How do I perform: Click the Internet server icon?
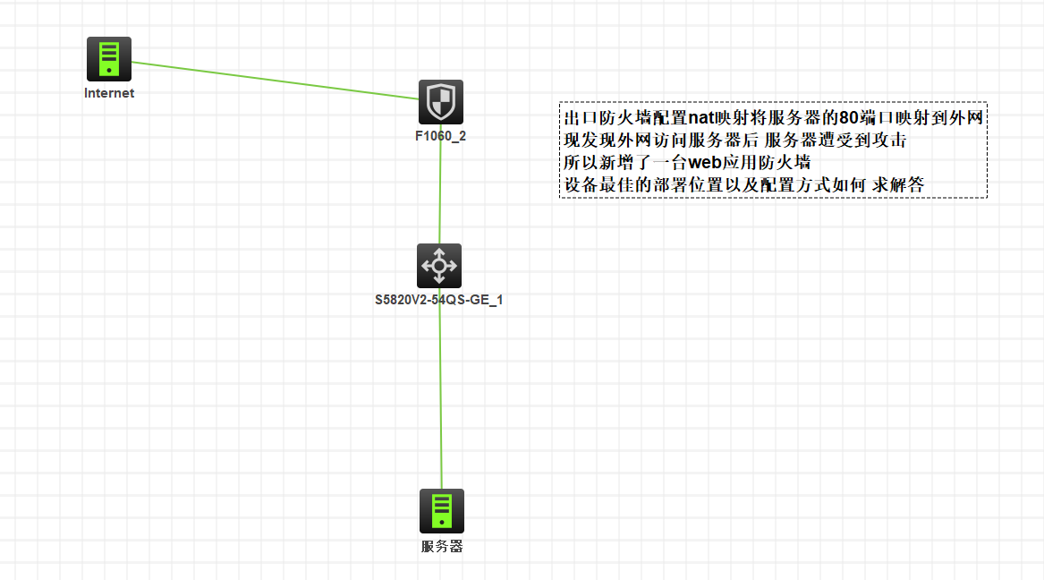pos(109,59)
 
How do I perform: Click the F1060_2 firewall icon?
pos(441,102)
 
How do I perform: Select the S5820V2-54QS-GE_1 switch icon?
pos(439,266)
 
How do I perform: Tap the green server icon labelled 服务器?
pos(442,511)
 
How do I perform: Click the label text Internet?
pos(109,93)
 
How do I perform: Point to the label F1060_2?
pos(440,137)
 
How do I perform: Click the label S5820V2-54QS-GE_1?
pos(438,300)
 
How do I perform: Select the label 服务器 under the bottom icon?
pos(442,546)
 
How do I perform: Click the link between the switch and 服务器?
pos(440,394)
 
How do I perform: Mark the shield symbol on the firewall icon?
pos(441,100)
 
